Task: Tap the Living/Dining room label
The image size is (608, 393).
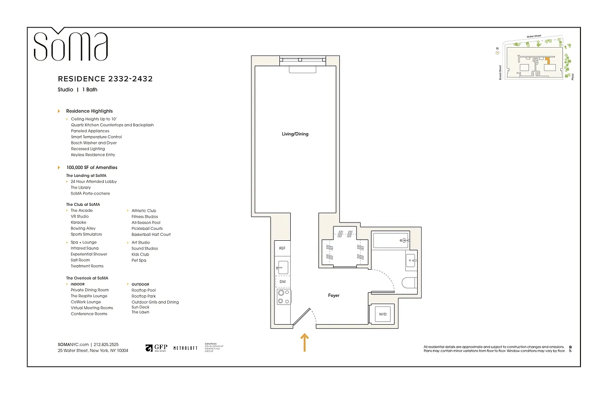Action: pos(295,134)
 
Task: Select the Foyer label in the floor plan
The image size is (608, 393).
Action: pos(334,295)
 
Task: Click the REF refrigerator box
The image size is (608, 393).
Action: pos(282,249)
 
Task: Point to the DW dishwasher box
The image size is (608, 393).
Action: pos(282,282)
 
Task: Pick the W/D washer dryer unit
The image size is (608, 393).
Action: pos(382,313)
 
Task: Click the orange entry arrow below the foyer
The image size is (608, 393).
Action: pos(304,342)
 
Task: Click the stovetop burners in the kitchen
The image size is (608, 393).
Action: pos(283,297)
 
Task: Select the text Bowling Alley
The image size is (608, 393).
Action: pos(83,228)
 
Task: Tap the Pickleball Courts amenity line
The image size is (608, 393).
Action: pos(147,228)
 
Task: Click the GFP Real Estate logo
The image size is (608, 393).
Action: pos(156,348)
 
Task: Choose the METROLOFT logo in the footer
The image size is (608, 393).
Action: pos(185,348)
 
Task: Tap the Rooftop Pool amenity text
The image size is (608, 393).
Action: pos(144,290)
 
